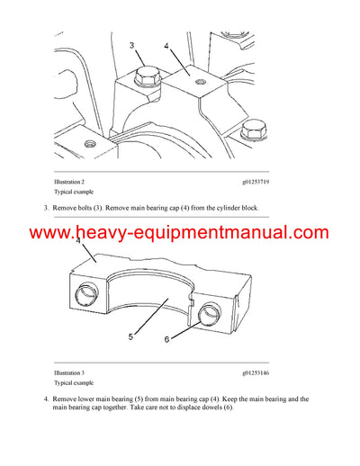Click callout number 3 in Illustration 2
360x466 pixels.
coord(131,44)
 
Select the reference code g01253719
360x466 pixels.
coord(261,181)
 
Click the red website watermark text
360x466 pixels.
coord(180,234)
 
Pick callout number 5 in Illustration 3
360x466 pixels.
coord(130,336)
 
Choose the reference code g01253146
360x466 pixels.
coord(261,372)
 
